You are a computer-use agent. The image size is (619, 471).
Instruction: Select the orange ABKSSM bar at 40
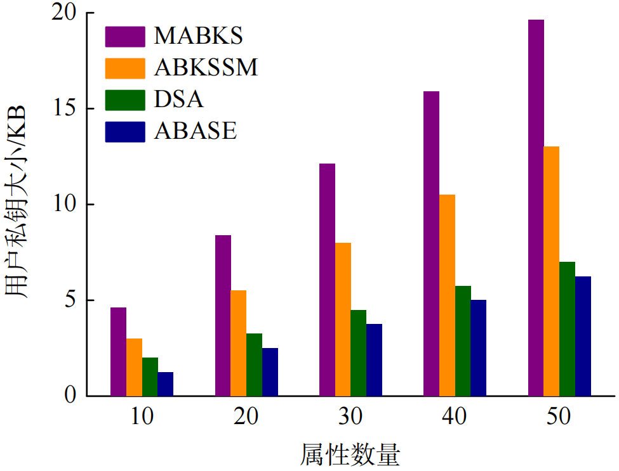click(447, 295)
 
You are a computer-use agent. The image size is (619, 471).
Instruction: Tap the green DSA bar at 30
click(358, 353)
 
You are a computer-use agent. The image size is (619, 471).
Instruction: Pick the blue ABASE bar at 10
click(165, 384)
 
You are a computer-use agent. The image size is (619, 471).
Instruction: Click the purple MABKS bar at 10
click(118, 352)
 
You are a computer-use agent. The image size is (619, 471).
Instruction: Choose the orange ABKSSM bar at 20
click(238, 343)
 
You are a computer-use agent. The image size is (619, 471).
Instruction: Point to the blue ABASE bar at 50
click(583, 336)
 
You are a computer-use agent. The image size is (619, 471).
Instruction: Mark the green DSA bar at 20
click(254, 365)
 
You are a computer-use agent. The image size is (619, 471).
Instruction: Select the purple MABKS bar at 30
click(327, 280)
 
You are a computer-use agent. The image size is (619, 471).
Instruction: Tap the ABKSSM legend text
click(206, 68)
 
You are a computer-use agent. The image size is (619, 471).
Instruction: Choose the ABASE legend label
click(195, 131)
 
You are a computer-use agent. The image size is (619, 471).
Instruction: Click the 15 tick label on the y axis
click(67, 109)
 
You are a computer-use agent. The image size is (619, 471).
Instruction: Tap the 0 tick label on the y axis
click(71, 396)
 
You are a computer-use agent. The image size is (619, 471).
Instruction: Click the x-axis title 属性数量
click(350, 455)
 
